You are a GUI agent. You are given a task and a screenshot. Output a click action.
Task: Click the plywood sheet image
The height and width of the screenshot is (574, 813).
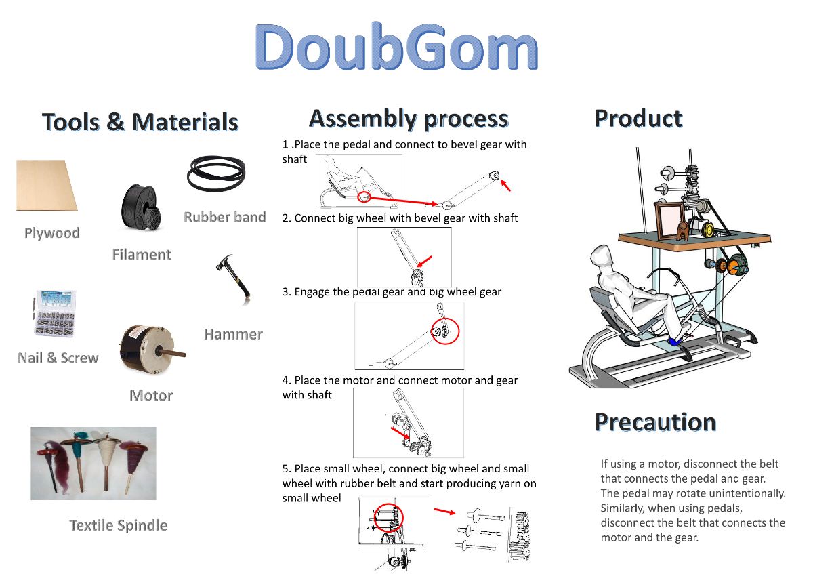tap(47, 186)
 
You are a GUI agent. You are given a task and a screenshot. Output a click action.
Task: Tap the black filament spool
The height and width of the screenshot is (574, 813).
tap(141, 207)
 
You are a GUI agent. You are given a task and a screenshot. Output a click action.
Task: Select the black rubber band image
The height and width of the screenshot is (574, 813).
tap(216, 173)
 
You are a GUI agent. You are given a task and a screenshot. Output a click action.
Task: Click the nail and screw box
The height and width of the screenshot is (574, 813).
tap(55, 314)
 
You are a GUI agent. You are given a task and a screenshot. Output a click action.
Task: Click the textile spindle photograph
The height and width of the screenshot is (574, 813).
tap(93, 464)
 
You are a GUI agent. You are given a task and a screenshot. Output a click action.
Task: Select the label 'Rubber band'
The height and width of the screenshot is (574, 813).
tap(225, 217)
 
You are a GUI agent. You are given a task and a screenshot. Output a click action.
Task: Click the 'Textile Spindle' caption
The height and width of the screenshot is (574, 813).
tap(119, 525)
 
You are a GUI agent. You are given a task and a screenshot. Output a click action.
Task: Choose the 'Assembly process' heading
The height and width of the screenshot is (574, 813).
tap(409, 119)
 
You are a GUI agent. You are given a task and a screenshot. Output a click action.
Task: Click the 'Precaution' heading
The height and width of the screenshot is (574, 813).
tap(656, 422)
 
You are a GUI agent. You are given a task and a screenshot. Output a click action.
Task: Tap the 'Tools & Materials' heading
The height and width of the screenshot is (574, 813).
tap(140, 121)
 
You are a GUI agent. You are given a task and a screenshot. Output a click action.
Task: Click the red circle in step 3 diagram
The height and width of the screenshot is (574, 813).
tap(445, 331)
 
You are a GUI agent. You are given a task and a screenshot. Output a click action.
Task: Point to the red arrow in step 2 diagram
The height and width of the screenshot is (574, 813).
tap(424, 262)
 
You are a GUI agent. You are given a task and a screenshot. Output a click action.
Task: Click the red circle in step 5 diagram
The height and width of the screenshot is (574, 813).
tap(388, 517)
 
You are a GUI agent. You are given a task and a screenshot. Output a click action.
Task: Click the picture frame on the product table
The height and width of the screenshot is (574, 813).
tap(669, 220)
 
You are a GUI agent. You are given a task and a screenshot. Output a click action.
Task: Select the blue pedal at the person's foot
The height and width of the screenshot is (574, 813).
tap(673, 342)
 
